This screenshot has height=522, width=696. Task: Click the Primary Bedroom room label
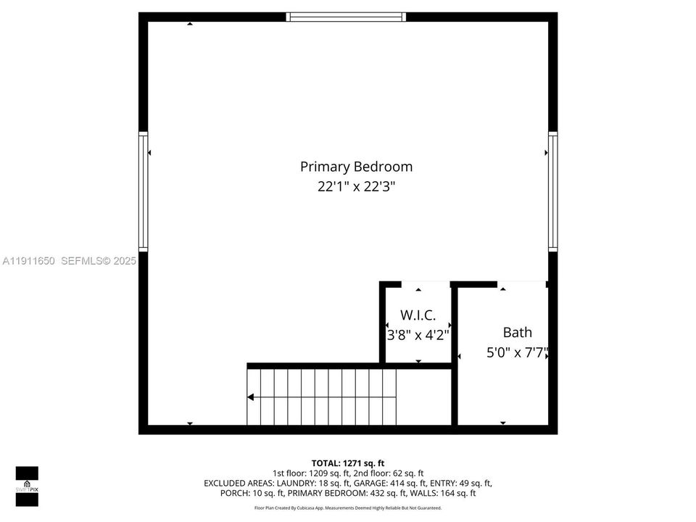pyautogui.click(x=356, y=167)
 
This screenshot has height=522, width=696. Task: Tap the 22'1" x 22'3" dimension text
pyautogui.click(x=356, y=187)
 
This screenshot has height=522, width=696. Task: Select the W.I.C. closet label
pyautogui.click(x=418, y=315)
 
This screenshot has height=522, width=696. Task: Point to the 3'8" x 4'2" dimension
pyautogui.click(x=418, y=335)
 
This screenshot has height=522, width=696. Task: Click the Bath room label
pyautogui.click(x=517, y=332)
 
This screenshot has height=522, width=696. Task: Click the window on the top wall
pyautogui.click(x=347, y=17)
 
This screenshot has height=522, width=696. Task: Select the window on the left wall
pyautogui.click(x=144, y=191)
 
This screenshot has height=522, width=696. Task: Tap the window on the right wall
pyautogui.click(x=552, y=191)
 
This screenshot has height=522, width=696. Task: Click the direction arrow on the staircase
pyautogui.click(x=251, y=397)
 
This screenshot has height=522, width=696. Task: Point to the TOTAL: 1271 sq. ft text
pyautogui.click(x=348, y=463)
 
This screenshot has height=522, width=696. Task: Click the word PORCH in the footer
pyautogui.click(x=233, y=493)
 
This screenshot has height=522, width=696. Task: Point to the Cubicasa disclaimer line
pyautogui.click(x=348, y=508)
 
